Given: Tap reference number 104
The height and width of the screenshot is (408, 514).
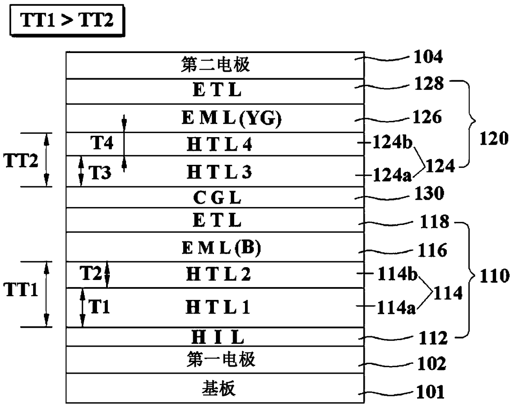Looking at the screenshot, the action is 428,57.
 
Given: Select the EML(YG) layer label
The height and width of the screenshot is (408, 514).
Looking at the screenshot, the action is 231,118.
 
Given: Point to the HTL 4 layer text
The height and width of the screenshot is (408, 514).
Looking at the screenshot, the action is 219,144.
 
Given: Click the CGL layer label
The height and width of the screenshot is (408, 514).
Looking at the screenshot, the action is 217,198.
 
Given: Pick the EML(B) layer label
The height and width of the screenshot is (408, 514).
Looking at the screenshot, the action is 221,248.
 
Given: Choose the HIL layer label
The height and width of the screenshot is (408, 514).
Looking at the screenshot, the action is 218,337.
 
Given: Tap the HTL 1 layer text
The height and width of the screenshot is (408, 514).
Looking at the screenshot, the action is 218,307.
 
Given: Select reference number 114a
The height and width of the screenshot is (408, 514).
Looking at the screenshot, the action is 396,307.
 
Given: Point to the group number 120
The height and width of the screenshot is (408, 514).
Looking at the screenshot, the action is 494,138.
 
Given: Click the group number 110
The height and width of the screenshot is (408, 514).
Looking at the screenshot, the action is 495,276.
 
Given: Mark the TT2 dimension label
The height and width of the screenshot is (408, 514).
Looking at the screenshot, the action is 21,160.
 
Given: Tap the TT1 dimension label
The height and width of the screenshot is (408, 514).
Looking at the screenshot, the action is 21,290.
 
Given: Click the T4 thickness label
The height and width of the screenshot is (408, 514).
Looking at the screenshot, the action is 102,142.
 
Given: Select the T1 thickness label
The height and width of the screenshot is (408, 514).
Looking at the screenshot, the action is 99,307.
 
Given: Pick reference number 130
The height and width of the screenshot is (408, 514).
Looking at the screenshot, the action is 429,193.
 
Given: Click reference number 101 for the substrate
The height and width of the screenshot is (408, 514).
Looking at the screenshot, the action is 430,392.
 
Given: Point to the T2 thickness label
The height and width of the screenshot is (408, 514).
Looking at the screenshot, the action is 91,273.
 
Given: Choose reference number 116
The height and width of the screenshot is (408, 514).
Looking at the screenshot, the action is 432,250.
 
